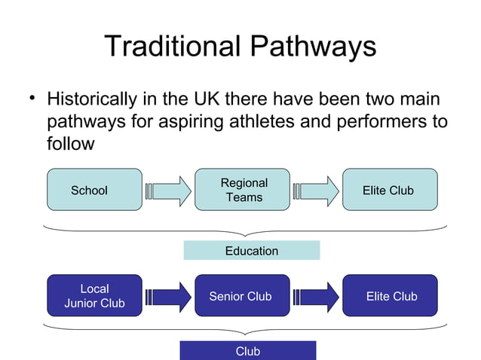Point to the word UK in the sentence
[224, 99]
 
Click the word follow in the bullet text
[70, 143]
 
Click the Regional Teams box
[242, 190]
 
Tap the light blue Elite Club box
[389, 190]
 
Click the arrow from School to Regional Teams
[168, 190]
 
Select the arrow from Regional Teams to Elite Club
[316, 190]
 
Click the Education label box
[251, 251]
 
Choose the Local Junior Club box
[94, 296]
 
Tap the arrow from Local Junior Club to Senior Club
[168, 296]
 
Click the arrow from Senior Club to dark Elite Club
[316, 296]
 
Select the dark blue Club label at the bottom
[247, 351]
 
